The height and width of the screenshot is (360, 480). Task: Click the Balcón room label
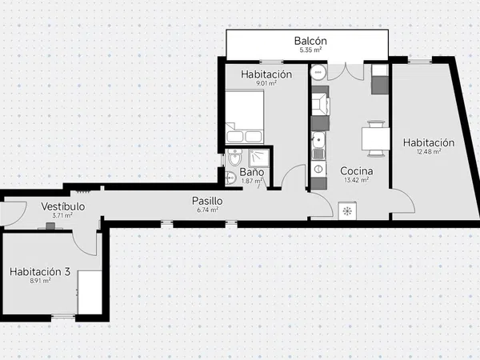pyautogui.click(x=310, y=41)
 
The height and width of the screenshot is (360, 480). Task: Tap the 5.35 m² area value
pyautogui.click(x=310, y=50)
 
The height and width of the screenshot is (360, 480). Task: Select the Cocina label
pyautogui.click(x=357, y=171)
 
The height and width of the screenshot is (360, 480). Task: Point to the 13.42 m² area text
pyautogui.click(x=356, y=180)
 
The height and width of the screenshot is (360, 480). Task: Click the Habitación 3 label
pyautogui.click(x=40, y=271)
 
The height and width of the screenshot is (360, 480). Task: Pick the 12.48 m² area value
pyautogui.click(x=429, y=151)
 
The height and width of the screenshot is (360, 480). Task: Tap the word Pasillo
pyautogui.click(x=207, y=201)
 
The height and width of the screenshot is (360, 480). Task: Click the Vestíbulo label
pyautogui.click(x=62, y=206)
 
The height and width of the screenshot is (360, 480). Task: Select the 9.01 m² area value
pyautogui.click(x=266, y=83)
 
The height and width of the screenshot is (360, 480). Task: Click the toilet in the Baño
pyautogui.click(x=234, y=158)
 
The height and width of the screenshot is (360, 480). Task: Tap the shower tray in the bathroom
pyautogui.click(x=259, y=158)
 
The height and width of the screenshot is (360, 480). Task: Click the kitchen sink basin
pyautogui.click(x=318, y=141)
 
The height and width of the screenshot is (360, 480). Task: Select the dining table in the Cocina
pyautogui.click(x=376, y=139)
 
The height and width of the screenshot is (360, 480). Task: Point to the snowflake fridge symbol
pyautogui.click(x=347, y=211)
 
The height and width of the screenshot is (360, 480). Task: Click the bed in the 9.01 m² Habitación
pyautogui.click(x=245, y=117)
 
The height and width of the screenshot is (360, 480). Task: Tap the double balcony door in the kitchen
pyautogui.click(x=346, y=72)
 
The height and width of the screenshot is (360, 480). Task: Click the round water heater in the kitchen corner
pyautogui.click(x=318, y=73)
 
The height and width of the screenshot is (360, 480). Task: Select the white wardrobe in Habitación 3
pyautogui.click(x=90, y=292)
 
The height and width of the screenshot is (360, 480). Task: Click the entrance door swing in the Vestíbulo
pyautogui.click(x=14, y=214)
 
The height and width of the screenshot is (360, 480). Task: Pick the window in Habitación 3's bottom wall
pyautogui.click(x=63, y=317)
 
